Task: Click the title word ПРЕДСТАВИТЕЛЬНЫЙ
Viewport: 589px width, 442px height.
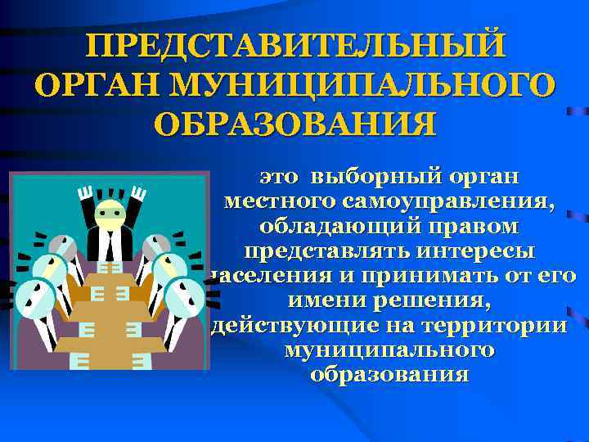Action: pyautogui.click(x=294, y=45)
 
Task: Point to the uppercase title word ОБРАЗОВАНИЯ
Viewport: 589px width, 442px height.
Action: pyautogui.click(x=294, y=124)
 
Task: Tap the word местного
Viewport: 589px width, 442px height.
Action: pyautogui.click(x=282, y=201)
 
